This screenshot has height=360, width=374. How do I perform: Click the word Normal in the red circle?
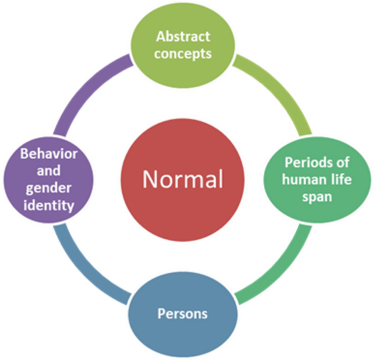(183, 181)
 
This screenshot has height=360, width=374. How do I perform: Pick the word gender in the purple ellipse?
(46, 189)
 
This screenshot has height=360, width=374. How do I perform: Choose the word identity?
(46, 206)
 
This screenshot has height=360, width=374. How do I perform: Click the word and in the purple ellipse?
(46, 172)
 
